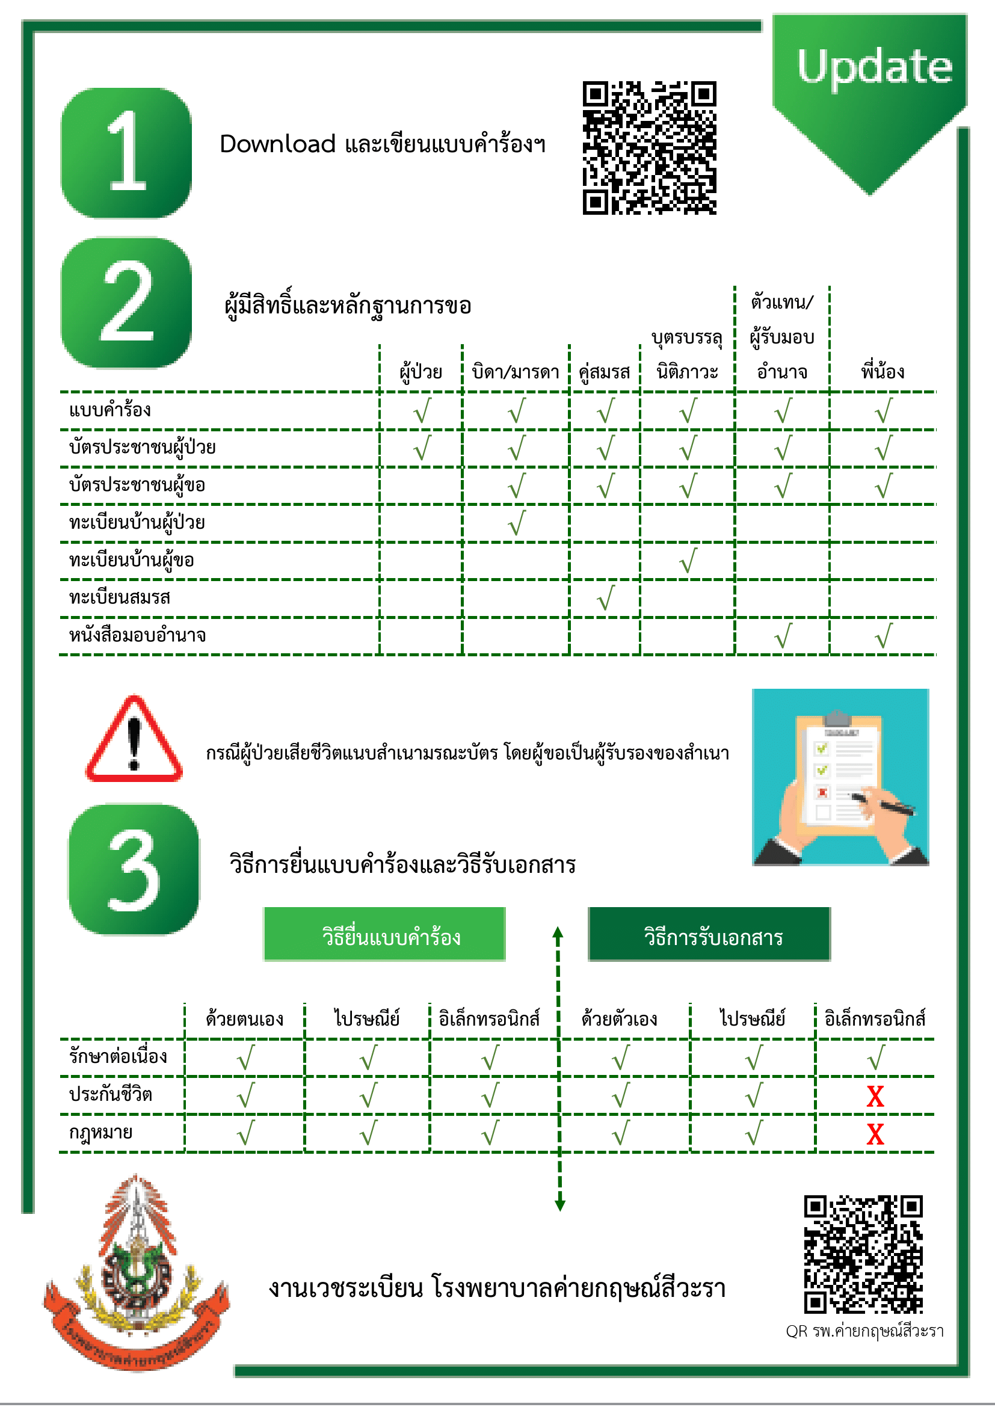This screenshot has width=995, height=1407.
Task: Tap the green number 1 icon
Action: pyautogui.click(x=126, y=153)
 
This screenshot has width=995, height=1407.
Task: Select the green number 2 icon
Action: pyautogui.click(x=126, y=303)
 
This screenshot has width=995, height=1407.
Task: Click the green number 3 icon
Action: pyautogui.click(x=134, y=870)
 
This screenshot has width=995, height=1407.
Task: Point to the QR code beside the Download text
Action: pyautogui.click(x=650, y=148)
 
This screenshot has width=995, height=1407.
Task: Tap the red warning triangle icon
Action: pyautogui.click(x=134, y=740)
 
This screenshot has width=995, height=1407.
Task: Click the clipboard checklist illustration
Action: pyautogui.click(x=840, y=777)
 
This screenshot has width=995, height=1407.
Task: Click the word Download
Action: pyautogui.click(x=277, y=144)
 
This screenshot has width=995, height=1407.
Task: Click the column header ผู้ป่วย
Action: pyautogui.click(x=421, y=372)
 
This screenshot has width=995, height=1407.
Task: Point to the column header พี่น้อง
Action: pyautogui.click(x=883, y=372)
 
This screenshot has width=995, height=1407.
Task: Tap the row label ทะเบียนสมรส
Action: pyautogui.click(x=120, y=597)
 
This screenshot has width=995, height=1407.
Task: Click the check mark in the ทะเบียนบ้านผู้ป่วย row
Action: pyautogui.click(x=517, y=523)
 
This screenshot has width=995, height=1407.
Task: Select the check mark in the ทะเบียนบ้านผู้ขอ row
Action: pyautogui.click(x=688, y=561)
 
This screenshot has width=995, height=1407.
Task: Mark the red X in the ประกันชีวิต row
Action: pyautogui.click(x=875, y=1097)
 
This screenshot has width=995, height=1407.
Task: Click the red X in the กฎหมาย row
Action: pyautogui.click(x=875, y=1135)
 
